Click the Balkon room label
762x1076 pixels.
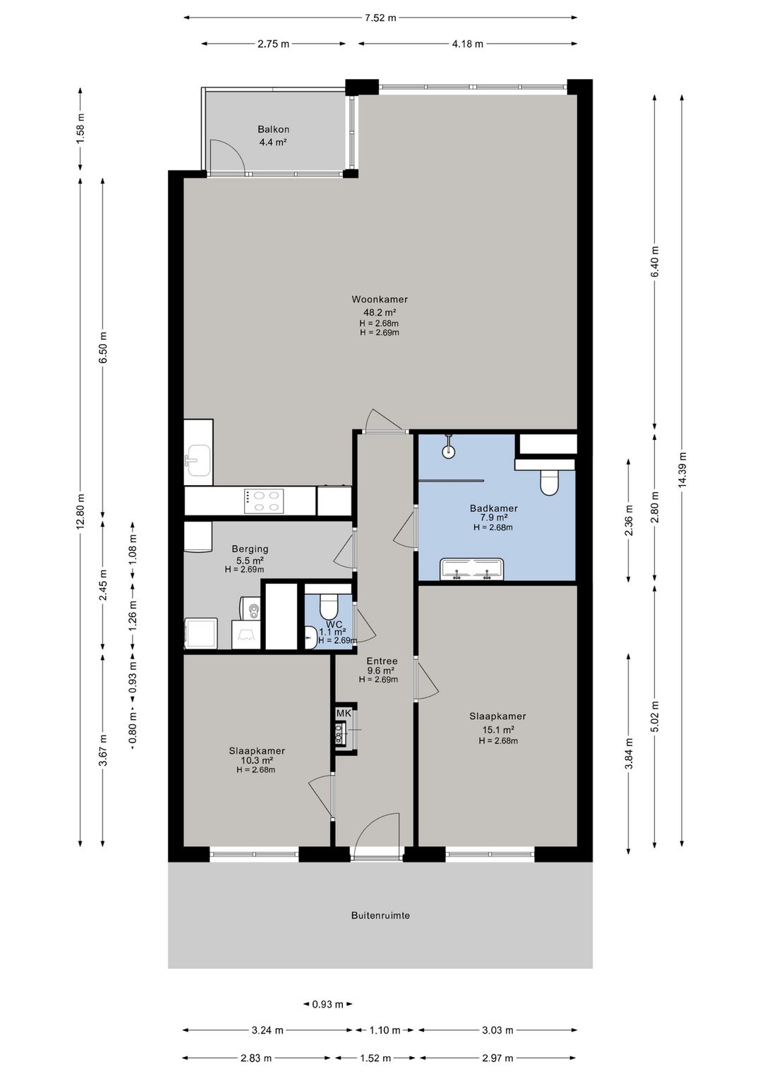coord(273,129)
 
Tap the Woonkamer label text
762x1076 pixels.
coord(380,299)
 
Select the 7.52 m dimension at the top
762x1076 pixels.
coord(380,18)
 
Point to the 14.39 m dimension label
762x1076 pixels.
coord(682,470)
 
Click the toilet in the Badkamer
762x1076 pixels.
coord(549,482)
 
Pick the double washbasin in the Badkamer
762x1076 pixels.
coord(473,569)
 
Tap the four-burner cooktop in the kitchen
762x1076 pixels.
coord(263,501)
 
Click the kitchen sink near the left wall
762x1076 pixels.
coord(198,460)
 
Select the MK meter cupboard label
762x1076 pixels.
coord(344,714)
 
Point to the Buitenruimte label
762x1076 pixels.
coord(380,915)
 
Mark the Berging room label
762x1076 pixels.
coord(250,549)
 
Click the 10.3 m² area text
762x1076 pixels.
coord(257,760)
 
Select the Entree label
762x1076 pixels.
coord(382,661)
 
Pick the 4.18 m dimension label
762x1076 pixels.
coord(467,44)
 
